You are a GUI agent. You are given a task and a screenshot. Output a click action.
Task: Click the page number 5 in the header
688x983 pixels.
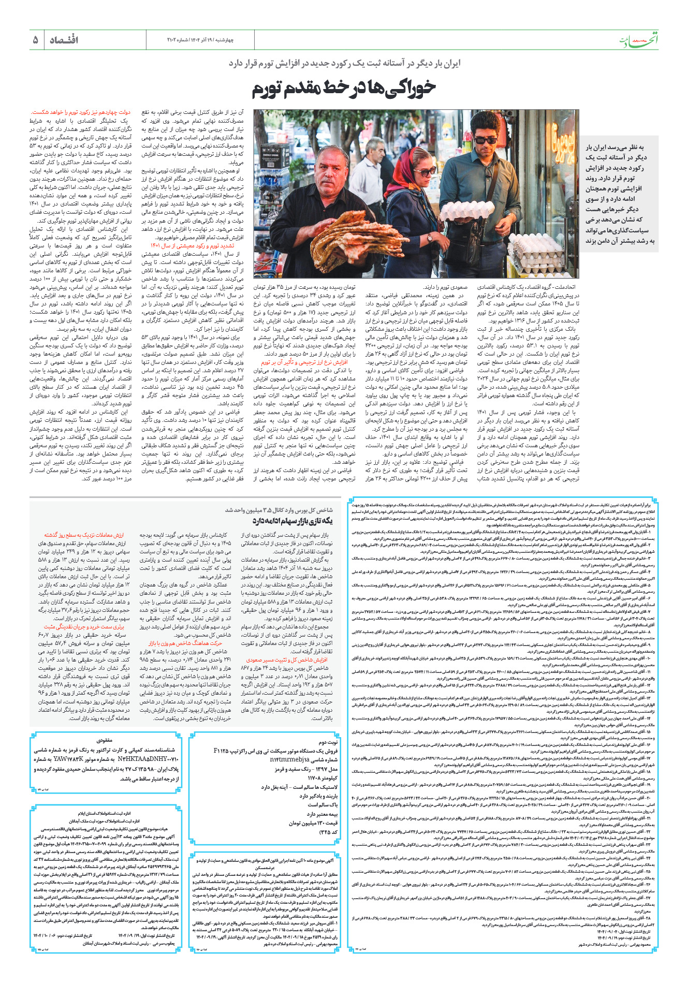click(x=35, y=40)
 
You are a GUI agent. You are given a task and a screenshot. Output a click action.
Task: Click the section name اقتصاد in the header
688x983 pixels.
click(x=64, y=40)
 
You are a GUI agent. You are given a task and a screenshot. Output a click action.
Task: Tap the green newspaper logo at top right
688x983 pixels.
click(x=639, y=41)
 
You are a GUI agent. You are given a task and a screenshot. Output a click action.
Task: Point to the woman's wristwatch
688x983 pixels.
click(x=430, y=238)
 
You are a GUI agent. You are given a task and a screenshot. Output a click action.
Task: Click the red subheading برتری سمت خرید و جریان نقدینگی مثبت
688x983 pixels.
click(x=87, y=626)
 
